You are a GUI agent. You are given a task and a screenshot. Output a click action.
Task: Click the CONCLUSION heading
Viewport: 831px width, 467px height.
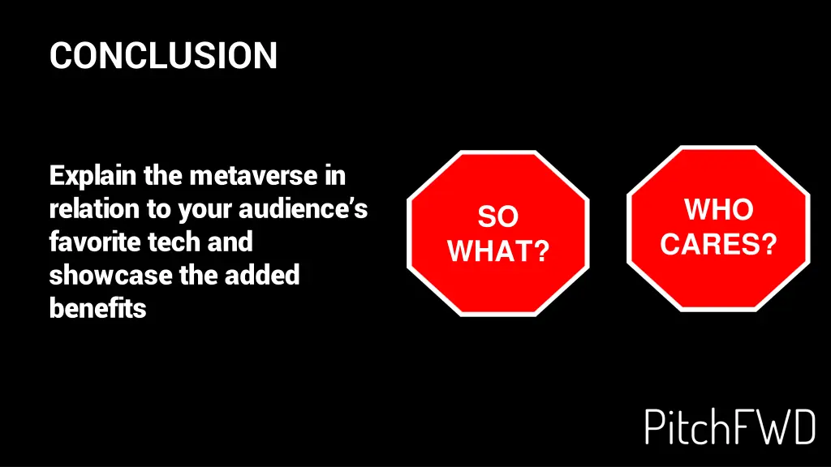163,56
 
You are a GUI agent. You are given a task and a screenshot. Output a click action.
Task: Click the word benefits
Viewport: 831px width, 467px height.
97,308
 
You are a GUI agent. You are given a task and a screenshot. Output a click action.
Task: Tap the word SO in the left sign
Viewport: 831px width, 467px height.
497,217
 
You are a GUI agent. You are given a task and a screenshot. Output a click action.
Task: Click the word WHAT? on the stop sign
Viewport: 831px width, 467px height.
498,251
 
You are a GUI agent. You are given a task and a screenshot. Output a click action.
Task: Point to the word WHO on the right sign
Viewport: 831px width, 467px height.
718,210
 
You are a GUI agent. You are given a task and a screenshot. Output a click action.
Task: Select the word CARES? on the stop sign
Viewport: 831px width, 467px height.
718,243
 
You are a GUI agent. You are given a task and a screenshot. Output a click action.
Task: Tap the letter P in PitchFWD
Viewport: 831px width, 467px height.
655,426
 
